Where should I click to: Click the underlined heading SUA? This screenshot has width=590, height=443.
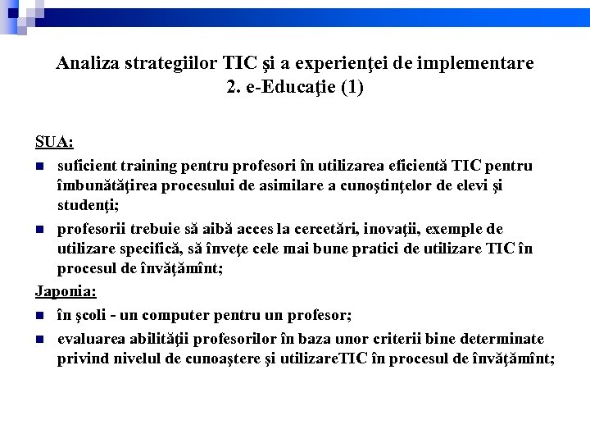54,142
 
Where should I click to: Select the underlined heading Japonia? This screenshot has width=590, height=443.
66,291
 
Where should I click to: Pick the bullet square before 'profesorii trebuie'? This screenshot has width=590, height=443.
40,230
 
